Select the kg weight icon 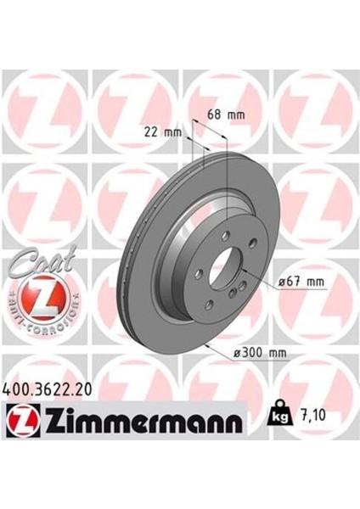[278, 417]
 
